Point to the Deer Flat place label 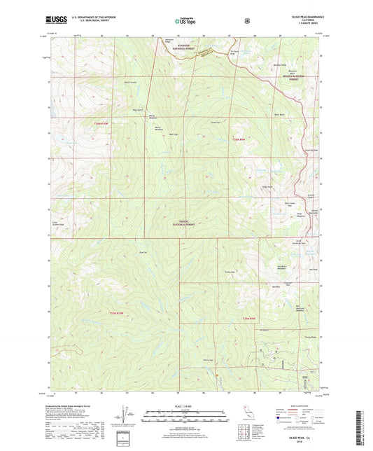pos(143,252)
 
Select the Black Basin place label pos(279,113)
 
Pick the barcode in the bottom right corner pos(360,427)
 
